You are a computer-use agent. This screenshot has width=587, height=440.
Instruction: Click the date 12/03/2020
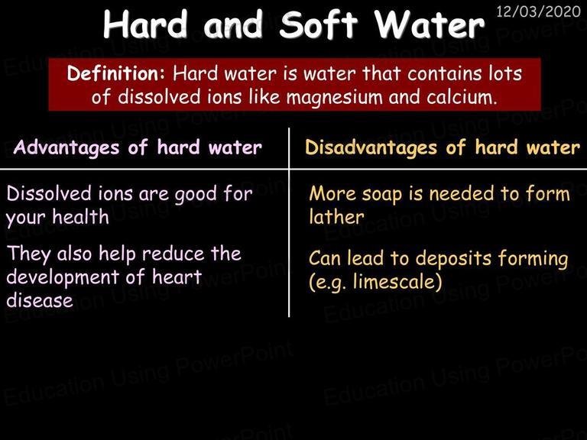pyautogui.click(x=538, y=11)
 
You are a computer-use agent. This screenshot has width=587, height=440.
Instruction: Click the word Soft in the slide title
pyautogui.click(x=319, y=24)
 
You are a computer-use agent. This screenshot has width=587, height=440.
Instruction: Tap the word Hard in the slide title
pyautogui.click(x=145, y=24)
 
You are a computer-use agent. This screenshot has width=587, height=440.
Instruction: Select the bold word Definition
pyautogui.click(x=115, y=73)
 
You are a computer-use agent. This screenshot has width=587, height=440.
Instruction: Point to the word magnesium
pyautogui.click(x=334, y=98)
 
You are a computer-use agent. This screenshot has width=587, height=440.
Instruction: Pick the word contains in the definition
pyautogui.click(x=444, y=73)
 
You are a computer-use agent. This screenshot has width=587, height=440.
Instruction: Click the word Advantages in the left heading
pyautogui.click(x=66, y=147)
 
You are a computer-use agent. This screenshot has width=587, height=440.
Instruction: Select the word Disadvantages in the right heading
pyautogui.click(x=371, y=147)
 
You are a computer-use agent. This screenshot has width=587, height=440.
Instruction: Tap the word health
pyautogui.click(x=80, y=217)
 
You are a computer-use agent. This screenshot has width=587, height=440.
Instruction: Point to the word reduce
pyautogui.click(x=173, y=254)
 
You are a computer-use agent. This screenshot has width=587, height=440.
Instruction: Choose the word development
pyautogui.click(x=63, y=278)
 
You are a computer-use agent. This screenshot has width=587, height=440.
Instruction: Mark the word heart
pyautogui.click(x=177, y=277)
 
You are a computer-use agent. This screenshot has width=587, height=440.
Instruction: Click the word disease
pyautogui.click(x=40, y=300)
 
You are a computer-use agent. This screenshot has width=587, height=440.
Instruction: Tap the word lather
pyautogui.click(x=336, y=217)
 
